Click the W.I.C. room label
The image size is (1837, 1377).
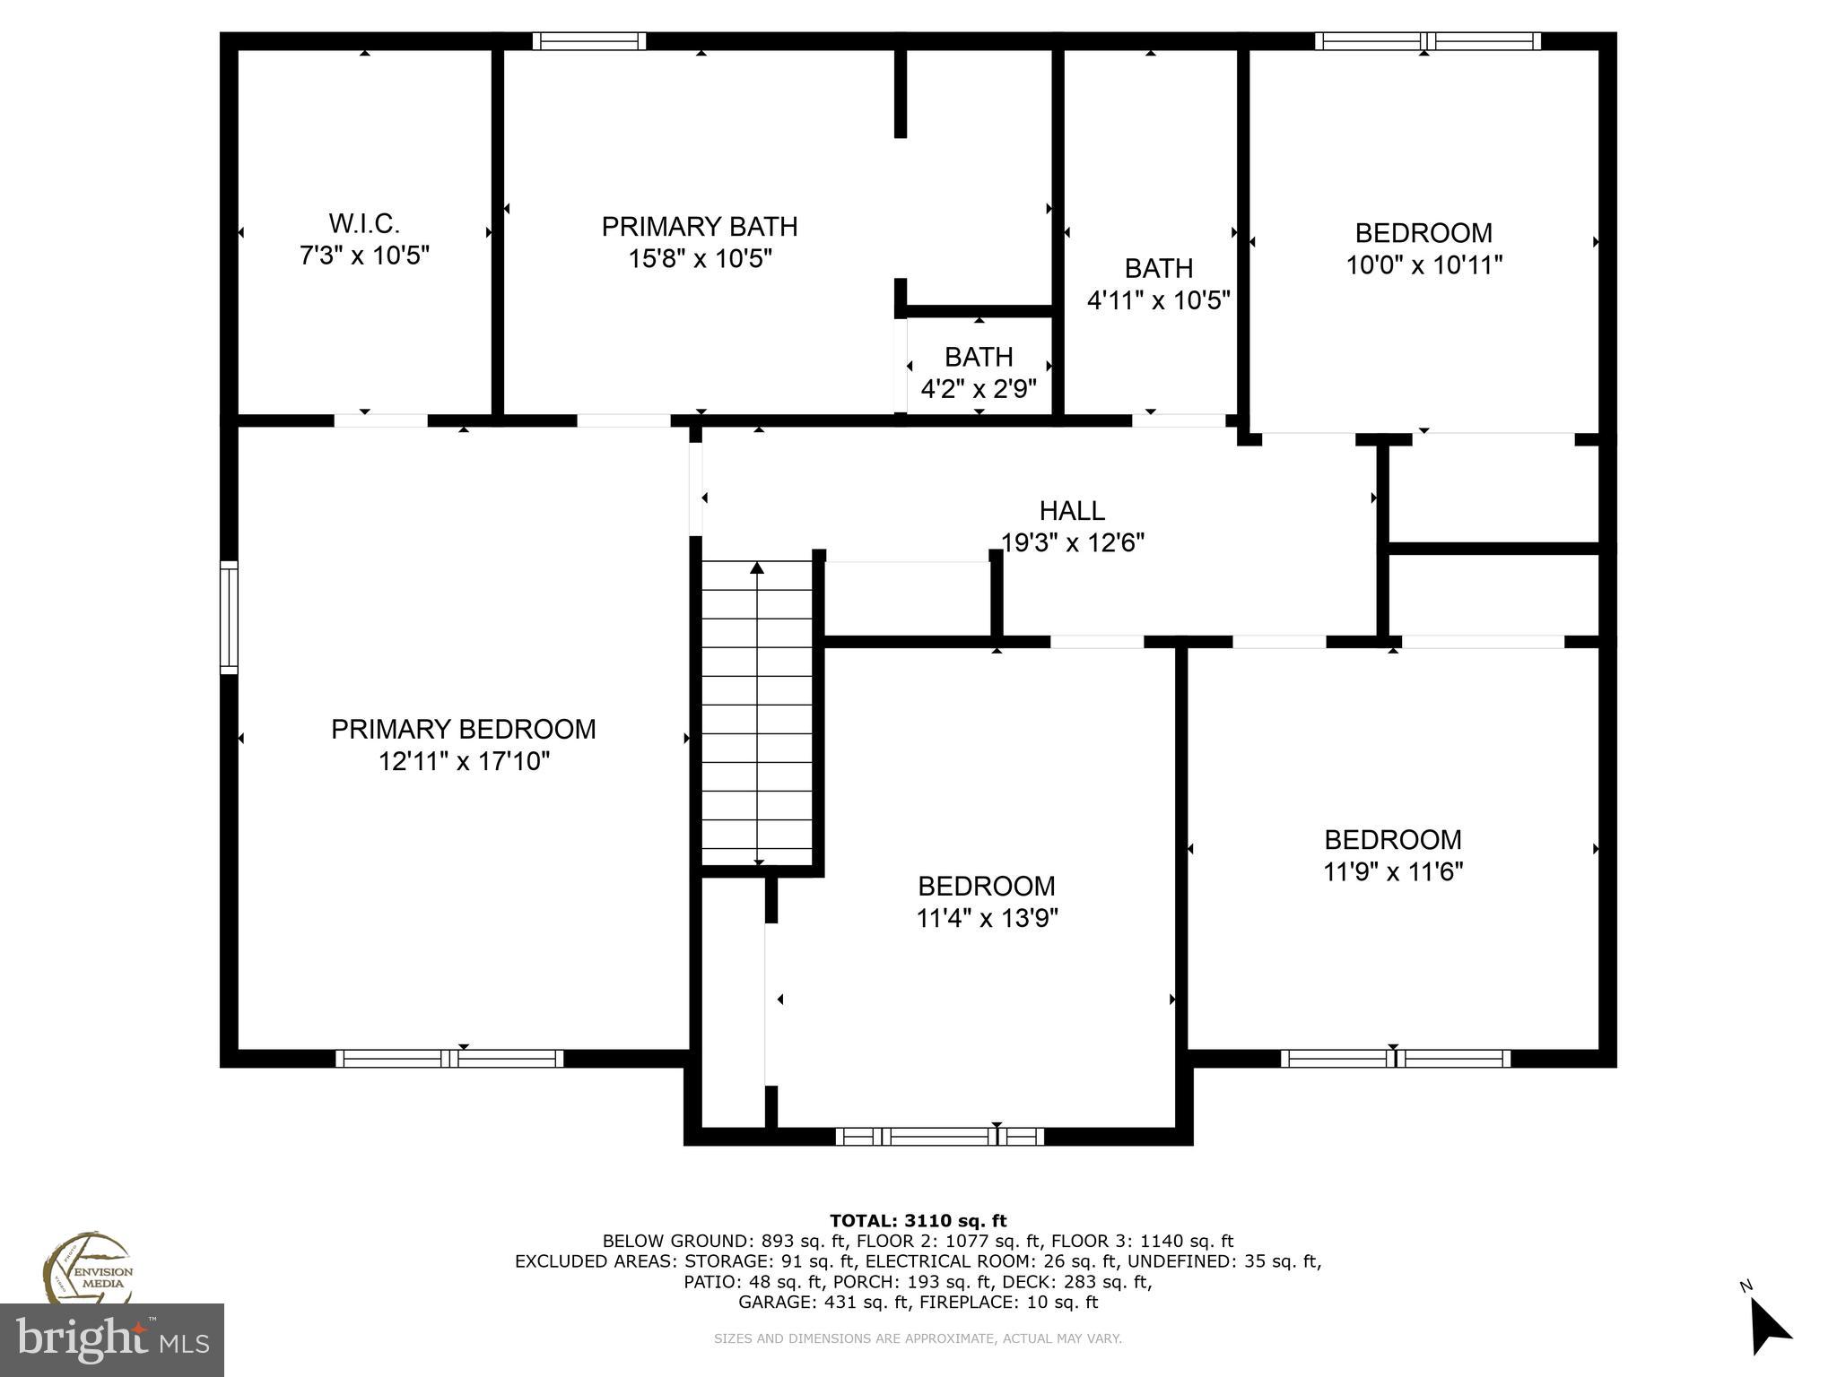364,223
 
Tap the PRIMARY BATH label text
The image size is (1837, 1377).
700,227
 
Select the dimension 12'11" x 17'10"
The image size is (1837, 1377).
464,762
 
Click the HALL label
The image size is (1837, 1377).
1072,511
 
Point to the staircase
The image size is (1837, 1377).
757,713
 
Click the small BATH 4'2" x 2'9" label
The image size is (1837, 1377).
979,358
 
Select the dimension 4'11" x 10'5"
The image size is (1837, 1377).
1158,300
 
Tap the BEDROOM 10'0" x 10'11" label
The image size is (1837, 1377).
1423,233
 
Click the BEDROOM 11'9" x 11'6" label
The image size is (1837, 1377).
1393,840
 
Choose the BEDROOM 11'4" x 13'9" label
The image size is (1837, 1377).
986,887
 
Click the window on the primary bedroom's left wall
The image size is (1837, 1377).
230,617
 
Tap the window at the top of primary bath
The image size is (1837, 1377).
589,41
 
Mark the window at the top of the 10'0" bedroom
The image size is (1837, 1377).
1427,41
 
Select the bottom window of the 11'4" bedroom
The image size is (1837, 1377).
939,1137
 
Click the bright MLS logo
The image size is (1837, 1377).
111,1339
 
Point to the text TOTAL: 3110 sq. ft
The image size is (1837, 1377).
918,1220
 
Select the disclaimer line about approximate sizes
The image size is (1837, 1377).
918,1338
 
